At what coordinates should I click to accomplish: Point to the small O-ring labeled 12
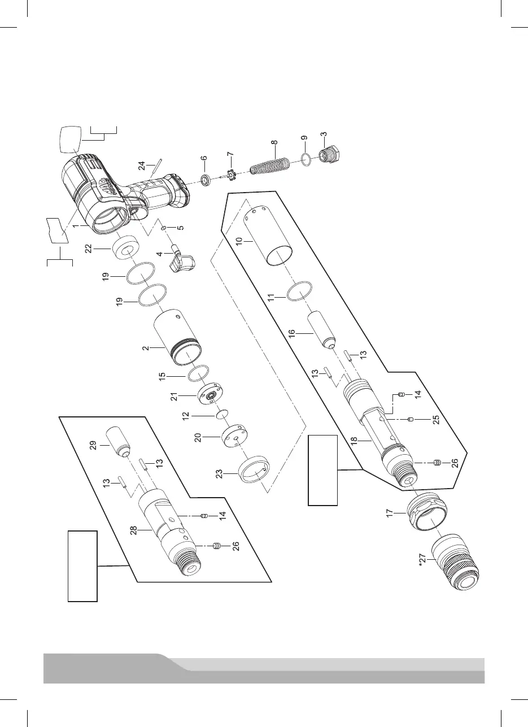[x=221, y=415]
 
